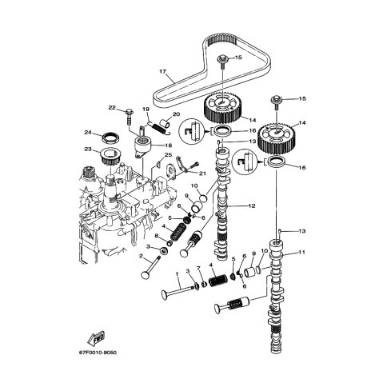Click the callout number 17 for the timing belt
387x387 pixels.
click(163, 71)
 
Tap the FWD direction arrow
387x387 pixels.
click(96, 338)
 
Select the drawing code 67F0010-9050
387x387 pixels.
click(98, 353)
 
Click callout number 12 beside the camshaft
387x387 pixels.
click(252, 205)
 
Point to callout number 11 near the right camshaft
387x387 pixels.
click(301, 252)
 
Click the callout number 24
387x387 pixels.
click(88, 133)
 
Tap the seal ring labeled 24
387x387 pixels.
click(111, 138)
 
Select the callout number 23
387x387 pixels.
click(88, 150)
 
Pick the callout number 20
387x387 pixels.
click(176, 114)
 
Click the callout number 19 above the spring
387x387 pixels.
click(146, 109)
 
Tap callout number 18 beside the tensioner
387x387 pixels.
click(168, 146)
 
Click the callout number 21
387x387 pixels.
click(202, 174)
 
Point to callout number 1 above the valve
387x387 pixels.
click(177, 274)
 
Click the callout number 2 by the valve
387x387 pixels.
click(141, 256)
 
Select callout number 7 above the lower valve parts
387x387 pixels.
click(198, 268)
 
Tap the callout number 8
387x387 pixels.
click(157, 235)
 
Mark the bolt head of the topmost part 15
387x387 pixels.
click(222, 58)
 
